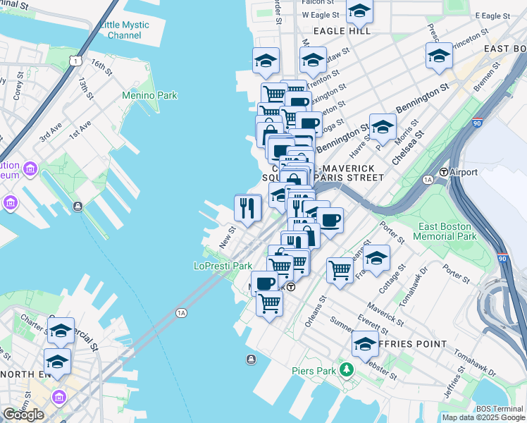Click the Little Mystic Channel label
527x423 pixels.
124,30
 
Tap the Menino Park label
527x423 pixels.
149,95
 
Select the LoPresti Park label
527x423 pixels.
223,266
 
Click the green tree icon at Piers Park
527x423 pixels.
346,369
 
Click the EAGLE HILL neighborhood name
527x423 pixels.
342,31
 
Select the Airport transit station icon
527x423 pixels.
444,172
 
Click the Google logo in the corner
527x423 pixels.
23,415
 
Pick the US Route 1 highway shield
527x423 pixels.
74,62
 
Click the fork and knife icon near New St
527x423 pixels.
247,207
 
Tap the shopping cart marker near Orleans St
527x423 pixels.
340,269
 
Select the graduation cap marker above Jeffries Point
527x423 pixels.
364,344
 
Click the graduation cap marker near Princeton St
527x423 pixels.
438,54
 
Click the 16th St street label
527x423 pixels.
101,69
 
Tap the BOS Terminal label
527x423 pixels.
499,409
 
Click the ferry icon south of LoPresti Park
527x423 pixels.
251,360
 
